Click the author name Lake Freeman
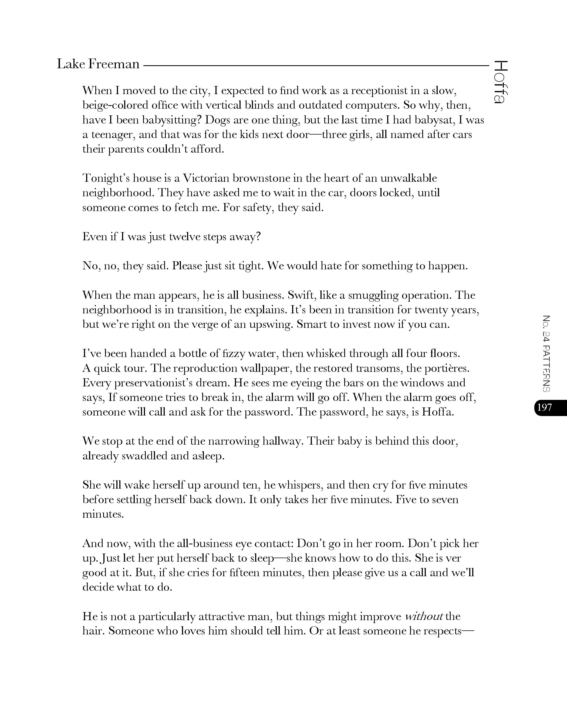[x=98, y=64]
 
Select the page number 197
[x=545, y=407]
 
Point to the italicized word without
[x=424, y=616]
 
